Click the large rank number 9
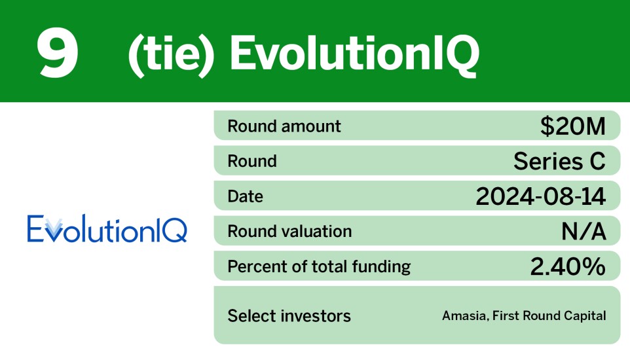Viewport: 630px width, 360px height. [58, 52]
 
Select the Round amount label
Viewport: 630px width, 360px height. [284, 126]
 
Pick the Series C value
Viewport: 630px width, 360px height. [559, 161]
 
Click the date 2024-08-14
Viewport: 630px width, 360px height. [540, 196]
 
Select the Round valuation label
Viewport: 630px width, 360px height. [289, 231]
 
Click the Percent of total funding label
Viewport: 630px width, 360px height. [318, 266]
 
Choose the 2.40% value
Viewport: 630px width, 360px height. [567, 266]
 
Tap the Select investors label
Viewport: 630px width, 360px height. [289, 316]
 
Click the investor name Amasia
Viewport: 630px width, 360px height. [462, 316]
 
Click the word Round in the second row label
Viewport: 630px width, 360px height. [251, 161]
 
